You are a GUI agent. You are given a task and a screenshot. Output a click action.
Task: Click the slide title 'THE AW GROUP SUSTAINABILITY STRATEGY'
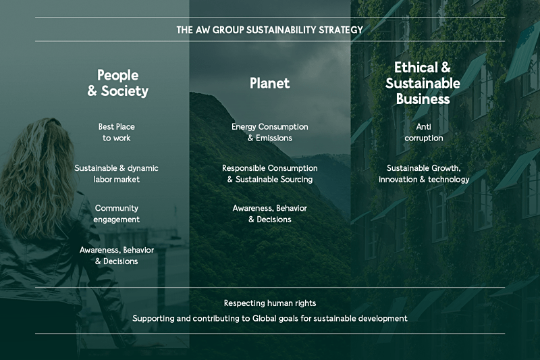click(269, 30)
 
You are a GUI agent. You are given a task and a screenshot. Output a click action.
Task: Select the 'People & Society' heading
click(117, 83)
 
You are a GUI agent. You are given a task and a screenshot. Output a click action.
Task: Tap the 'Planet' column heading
click(269, 83)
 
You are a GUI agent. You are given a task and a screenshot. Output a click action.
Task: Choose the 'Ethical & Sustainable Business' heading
click(423, 83)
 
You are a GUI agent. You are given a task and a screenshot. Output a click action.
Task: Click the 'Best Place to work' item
click(116, 132)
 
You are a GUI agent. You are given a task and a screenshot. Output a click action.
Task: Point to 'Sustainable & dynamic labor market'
click(116, 174)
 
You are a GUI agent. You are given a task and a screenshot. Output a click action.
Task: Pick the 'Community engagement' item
click(116, 213)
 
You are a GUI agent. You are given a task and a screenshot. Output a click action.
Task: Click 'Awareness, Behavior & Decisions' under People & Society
click(116, 255)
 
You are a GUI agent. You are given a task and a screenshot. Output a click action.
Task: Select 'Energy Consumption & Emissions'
click(269, 132)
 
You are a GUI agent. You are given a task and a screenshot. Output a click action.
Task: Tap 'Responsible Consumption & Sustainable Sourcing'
click(269, 174)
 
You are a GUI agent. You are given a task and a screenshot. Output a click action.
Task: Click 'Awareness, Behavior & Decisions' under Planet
click(269, 213)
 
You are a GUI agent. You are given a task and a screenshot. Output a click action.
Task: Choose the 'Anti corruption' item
click(424, 132)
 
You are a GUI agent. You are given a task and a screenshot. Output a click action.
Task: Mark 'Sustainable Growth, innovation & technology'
click(424, 174)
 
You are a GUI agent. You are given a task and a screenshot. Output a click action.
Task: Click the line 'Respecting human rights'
click(269, 303)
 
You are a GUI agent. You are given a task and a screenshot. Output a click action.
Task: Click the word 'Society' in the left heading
click(125, 91)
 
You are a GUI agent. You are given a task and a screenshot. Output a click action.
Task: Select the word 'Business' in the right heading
click(423, 99)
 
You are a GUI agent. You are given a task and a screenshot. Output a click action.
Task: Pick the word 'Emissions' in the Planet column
click(274, 138)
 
